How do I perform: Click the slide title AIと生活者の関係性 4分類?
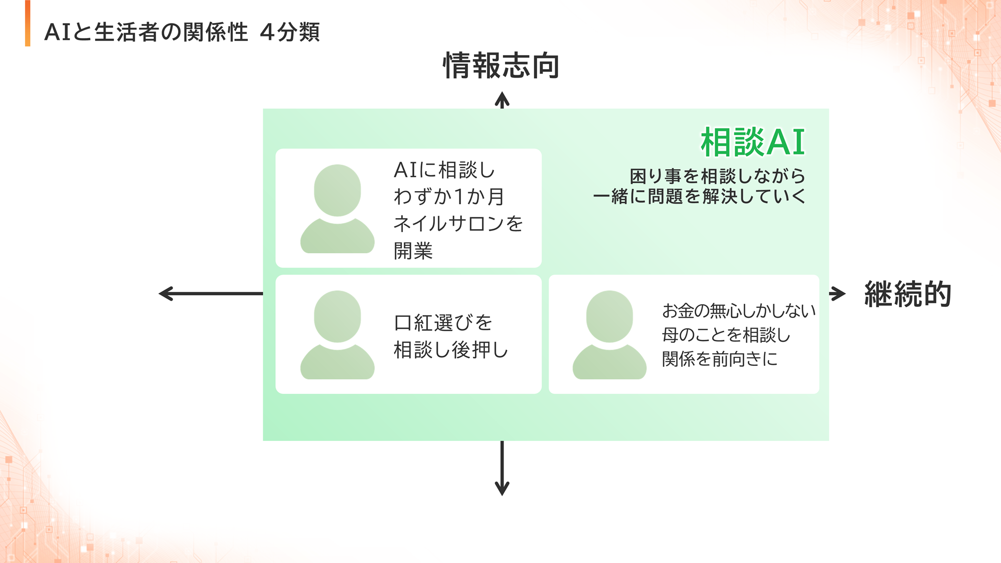point(182,32)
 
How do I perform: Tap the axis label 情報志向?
point(502,66)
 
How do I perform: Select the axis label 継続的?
point(908,294)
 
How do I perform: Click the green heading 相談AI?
point(753,142)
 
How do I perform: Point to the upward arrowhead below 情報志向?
point(502,100)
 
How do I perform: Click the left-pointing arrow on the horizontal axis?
point(211,294)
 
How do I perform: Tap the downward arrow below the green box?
point(502,468)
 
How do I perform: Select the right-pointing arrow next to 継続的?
point(837,294)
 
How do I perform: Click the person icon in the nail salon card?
point(337,209)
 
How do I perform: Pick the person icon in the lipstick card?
point(337,335)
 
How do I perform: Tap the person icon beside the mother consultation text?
point(610,335)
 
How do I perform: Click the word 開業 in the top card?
point(413,251)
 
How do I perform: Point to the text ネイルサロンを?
point(458,223)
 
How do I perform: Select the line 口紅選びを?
point(443,323)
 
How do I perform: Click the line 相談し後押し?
point(450,350)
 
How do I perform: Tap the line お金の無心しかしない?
point(739,311)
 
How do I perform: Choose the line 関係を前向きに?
point(720,359)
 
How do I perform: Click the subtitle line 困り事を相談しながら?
point(718,176)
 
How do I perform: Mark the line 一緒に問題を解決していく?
point(699,196)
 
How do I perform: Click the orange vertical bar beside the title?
point(28,24)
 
